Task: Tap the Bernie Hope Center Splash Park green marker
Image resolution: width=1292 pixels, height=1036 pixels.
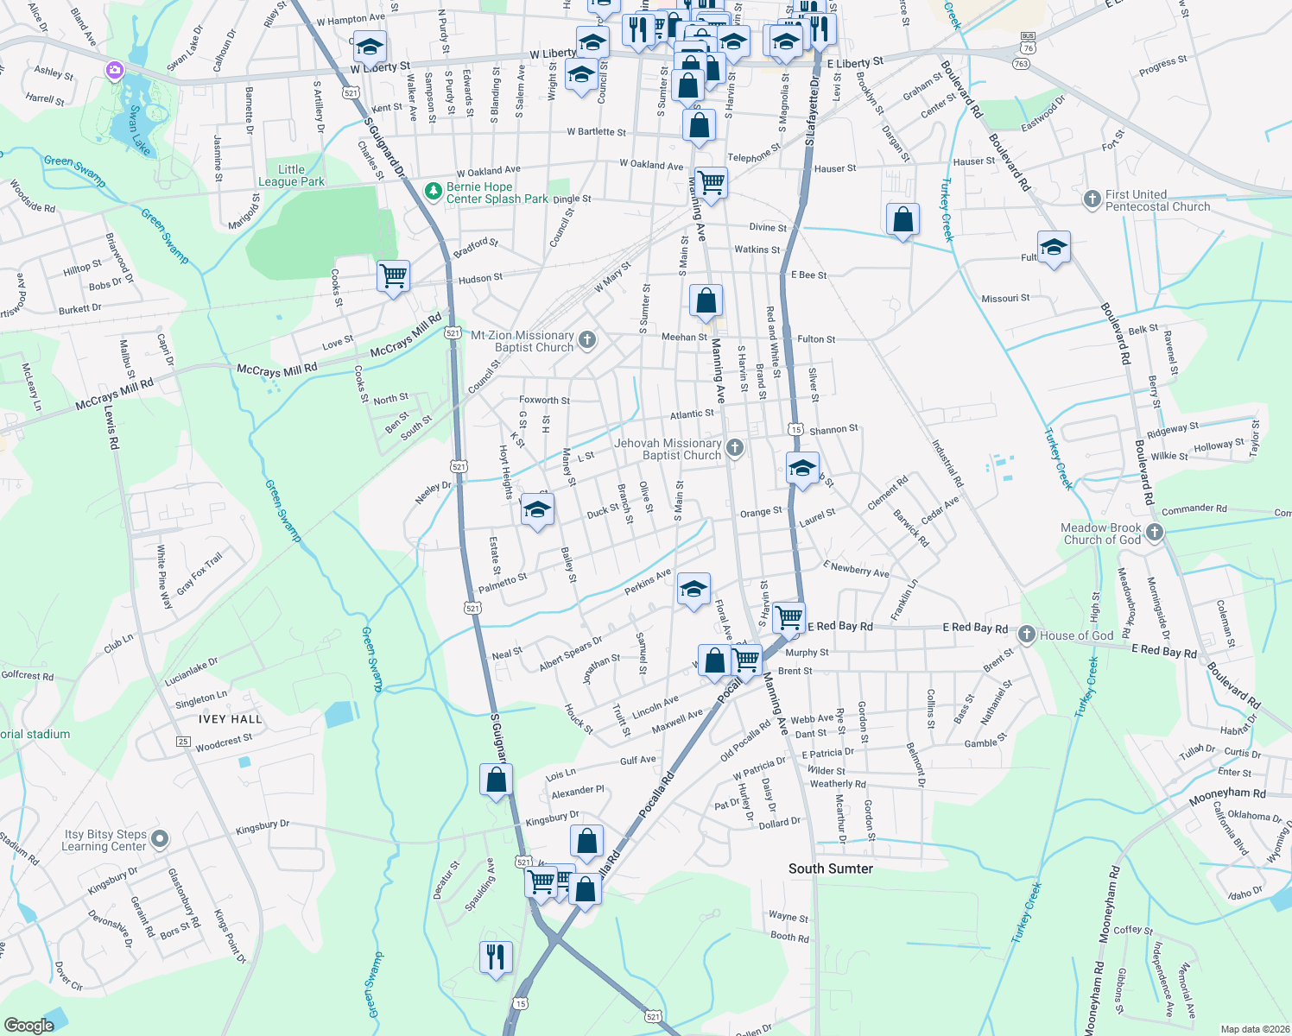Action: pos(434,190)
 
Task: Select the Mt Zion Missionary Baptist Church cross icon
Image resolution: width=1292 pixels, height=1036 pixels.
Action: pos(587,340)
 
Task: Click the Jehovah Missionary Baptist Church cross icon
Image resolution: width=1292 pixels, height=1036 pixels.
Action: pos(735,447)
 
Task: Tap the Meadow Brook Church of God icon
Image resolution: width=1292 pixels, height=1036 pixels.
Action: pos(1155,533)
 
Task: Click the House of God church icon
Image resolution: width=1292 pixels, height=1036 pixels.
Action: pos(1026,635)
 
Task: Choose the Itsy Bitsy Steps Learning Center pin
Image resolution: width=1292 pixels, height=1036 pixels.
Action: pos(160,838)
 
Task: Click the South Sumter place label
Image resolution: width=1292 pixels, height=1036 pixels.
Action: pos(830,869)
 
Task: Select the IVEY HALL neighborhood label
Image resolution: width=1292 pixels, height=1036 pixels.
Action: pos(230,719)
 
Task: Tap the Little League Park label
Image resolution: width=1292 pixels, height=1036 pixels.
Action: pos(291,175)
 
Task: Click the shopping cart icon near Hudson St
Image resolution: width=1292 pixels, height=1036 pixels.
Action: pos(393,276)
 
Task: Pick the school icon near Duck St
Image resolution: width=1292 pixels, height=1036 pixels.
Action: pos(537,510)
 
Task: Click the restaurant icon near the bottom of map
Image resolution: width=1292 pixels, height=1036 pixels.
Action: pos(495,956)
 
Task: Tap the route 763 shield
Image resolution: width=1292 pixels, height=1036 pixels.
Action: pos(1022,63)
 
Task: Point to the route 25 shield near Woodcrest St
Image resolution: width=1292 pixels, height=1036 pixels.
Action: pos(183,741)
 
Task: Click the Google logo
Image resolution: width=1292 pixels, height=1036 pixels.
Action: pos(28,1025)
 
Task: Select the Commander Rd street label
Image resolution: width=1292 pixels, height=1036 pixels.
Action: pos(1194,509)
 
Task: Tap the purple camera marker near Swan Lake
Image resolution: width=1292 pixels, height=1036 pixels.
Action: pos(115,70)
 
